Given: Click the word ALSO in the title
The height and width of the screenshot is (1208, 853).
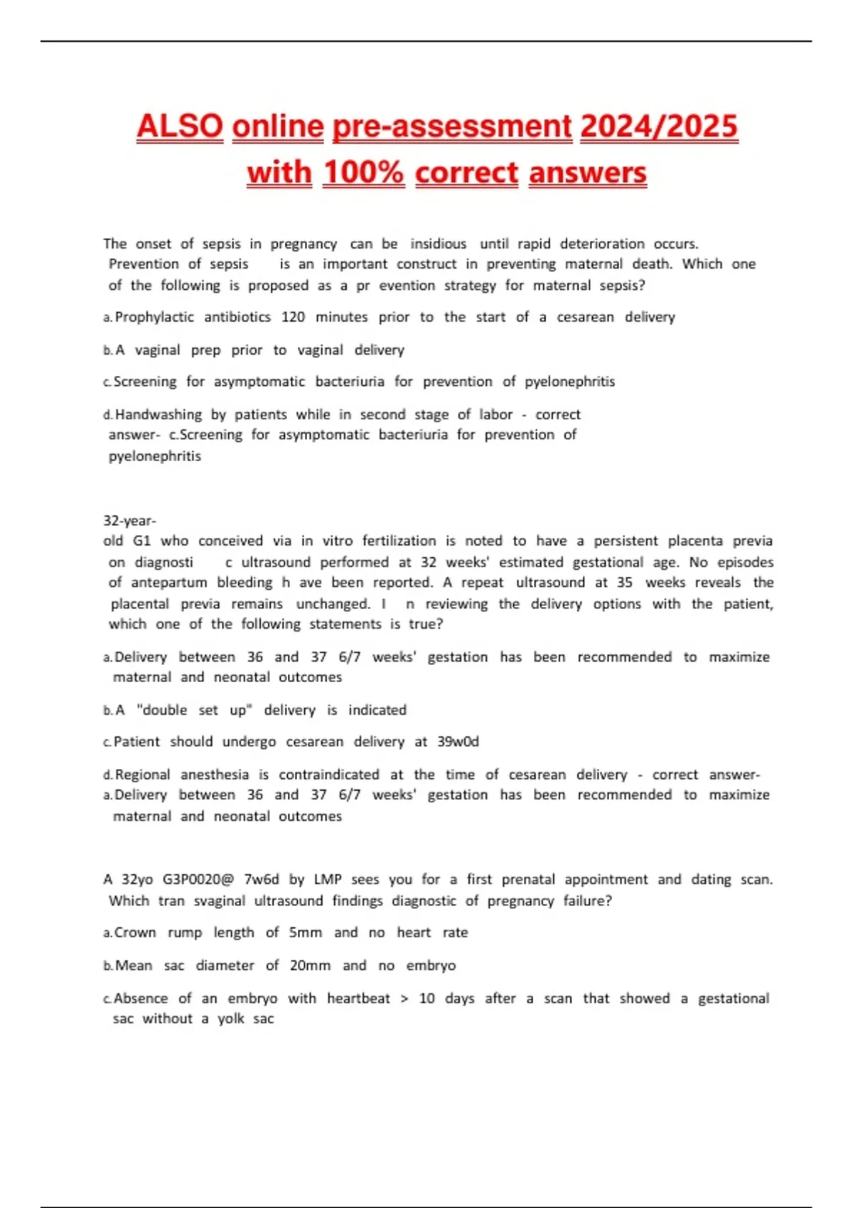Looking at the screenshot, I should tap(180, 126).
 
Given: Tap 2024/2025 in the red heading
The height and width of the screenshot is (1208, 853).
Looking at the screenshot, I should tap(659, 126).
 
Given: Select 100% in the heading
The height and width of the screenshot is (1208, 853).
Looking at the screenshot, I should tap(363, 173).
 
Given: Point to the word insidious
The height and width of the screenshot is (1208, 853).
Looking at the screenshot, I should tap(438, 244).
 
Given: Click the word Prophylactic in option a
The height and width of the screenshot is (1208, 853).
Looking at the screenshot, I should tap(154, 317).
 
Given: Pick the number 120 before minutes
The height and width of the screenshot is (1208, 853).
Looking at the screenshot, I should tap(293, 317).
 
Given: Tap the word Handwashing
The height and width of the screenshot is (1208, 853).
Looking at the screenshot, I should tap(159, 414).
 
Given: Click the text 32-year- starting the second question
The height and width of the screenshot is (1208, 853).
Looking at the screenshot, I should tap(129, 520).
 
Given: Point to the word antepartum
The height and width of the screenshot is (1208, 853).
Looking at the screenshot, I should tap(168, 583).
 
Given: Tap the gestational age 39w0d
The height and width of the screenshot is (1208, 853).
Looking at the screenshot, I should tap(458, 742).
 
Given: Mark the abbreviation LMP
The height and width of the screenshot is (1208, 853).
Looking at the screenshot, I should tap(327, 880).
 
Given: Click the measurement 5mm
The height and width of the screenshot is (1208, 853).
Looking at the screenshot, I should tap(306, 932).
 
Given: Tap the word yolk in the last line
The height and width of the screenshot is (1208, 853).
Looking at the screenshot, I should tap(230, 1019).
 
